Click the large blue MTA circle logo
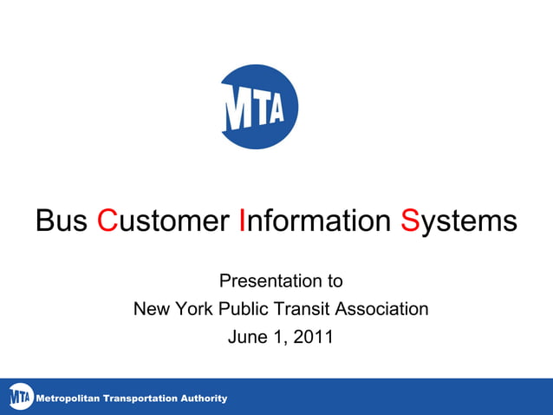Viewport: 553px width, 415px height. [259, 107]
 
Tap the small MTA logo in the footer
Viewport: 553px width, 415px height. [20, 398]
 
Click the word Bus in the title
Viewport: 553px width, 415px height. [62, 221]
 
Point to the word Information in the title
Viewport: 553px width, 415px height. [315, 221]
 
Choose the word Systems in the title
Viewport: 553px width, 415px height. [459, 221]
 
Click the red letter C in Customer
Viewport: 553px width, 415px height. [107, 221]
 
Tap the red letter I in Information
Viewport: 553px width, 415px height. [243, 221]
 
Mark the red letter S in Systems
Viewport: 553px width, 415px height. [410, 221]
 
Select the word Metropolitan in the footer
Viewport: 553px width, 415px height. [66, 399]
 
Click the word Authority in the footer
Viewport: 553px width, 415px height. [204, 399]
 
